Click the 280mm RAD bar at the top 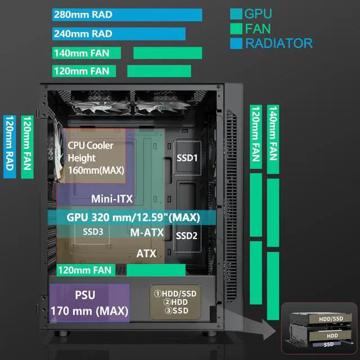click(x=127, y=15)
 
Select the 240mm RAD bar click(x=118, y=34)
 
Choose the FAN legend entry click(x=255, y=28)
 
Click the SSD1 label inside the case click(x=187, y=159)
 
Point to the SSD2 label click(x=187, y=236)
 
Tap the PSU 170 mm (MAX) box click(x=89, y=303)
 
